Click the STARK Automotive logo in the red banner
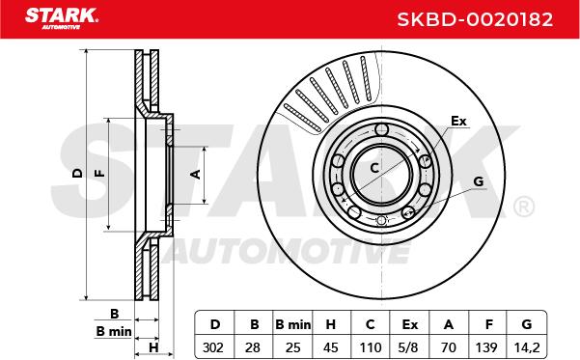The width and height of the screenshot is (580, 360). [62, 18]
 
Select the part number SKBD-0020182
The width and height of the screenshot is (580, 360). [475, 19]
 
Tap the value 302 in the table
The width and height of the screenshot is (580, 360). [213, 347]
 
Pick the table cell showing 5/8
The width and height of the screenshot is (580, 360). [409, 347]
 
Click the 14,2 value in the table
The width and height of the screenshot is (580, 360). [527, 347]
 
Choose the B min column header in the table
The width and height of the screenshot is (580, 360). [293, 324]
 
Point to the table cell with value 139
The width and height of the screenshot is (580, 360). [486, 347]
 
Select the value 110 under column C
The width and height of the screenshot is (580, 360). [371, 347]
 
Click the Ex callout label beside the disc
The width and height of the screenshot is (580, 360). [458, 121]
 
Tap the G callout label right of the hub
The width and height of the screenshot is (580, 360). [479, 181]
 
